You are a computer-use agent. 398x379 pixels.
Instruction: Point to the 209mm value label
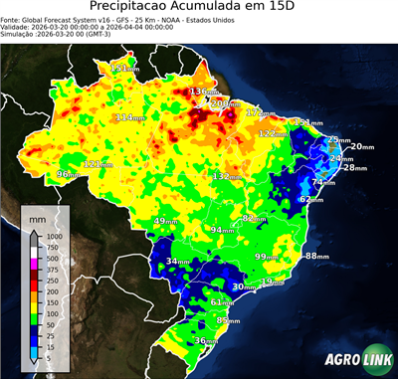(225, 103)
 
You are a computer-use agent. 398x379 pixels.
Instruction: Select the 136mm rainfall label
(204, 92)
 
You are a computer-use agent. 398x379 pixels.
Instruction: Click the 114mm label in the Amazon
(131, 117)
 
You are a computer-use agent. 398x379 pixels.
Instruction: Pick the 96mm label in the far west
(68, 174)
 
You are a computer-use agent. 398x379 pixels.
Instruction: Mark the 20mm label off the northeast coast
(362, 146)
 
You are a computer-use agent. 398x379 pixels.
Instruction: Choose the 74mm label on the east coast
(323, 182)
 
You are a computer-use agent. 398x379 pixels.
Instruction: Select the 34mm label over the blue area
(178, 262)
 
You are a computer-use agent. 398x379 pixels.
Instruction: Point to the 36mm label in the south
(205, 341)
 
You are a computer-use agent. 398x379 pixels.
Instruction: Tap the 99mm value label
(266, 257)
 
